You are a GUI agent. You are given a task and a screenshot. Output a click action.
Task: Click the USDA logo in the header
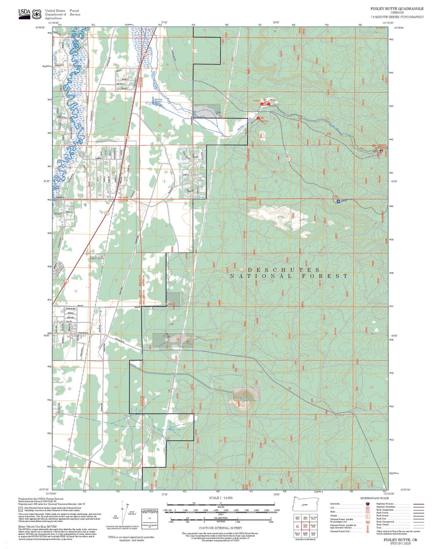click(x=24, y=14)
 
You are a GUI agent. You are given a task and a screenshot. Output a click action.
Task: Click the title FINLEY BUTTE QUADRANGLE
click(x=397, y=9)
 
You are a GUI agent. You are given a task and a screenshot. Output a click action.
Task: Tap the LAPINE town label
click(x=97, y=258)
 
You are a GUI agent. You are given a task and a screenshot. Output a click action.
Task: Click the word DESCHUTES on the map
click(x=284, y=270)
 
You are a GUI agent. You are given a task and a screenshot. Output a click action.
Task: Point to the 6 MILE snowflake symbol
click(x=338, y=201)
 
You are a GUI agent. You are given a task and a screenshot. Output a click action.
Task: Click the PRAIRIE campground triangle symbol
click(x=258, y=118)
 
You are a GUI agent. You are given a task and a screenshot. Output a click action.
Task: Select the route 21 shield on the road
click(x=288, y=159)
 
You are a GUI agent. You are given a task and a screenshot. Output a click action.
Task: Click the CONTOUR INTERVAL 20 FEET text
click(x=220, y=528)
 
